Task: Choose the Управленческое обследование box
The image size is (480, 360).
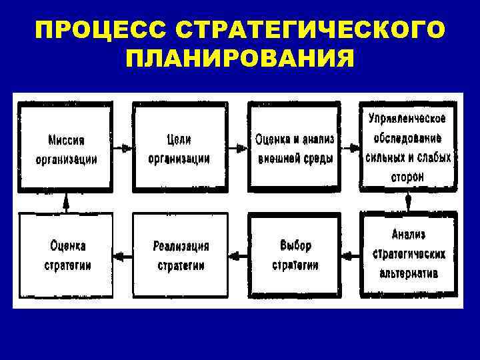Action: coord(408,147)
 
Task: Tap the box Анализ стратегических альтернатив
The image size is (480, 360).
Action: coord(408,254)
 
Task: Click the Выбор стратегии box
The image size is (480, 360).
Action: coord(294,254)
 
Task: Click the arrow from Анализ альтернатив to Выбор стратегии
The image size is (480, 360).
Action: coord(351,255)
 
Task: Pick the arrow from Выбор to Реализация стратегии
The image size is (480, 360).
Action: coord(237,255)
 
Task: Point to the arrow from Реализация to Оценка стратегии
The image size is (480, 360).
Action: coord(123,255)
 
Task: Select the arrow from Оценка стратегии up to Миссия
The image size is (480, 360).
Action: coord(66,201)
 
